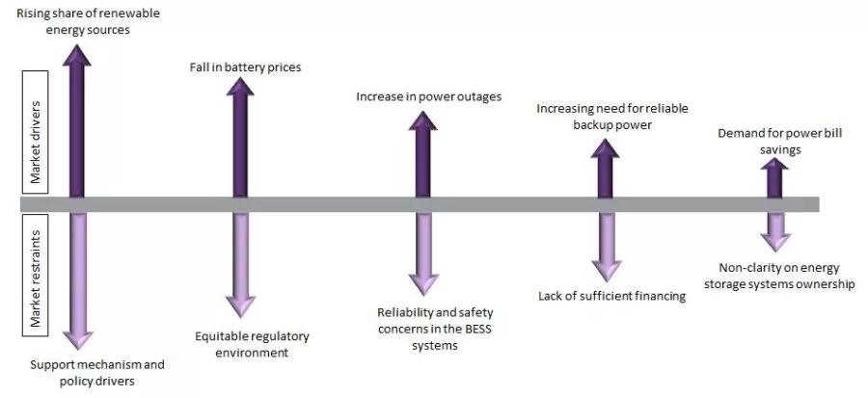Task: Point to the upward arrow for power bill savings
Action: click(x=775, y=178)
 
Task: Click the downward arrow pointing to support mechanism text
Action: click(x=77, y=279)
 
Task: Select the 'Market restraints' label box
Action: click(x=35, y=275)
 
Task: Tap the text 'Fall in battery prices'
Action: click(x=245, y=67)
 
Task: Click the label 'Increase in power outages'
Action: click(x=428, y=96)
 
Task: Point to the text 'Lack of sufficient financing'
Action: click(x=611, y=296)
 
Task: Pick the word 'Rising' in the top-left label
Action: click(x=36, y=13)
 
